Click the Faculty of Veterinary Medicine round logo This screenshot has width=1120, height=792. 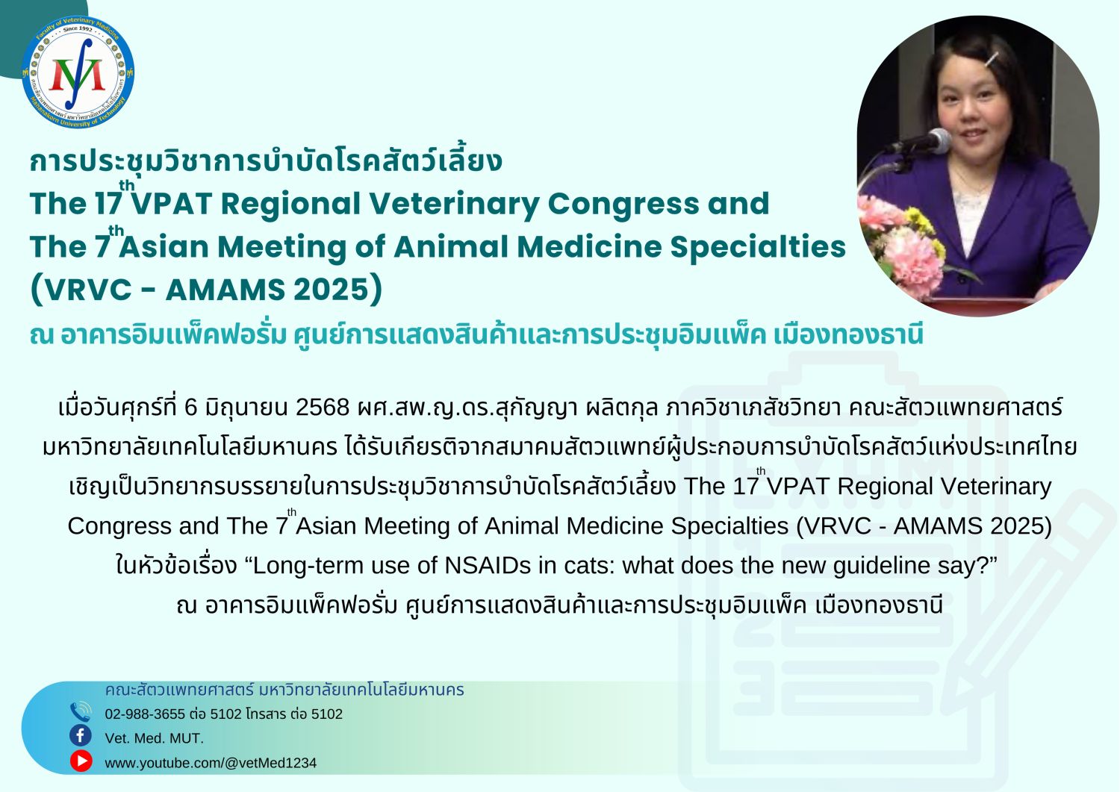point(78,72)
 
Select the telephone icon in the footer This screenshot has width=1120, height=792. point(81,712)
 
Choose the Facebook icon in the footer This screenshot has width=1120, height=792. point(81,736)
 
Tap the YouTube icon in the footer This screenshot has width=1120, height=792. point(81,761)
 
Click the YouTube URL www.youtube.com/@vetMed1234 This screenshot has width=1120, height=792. point(211,763)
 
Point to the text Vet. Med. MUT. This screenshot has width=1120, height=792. point(154,738)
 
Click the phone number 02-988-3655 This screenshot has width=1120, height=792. point(145,714)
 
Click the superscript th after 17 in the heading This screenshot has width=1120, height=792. point(126,186)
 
